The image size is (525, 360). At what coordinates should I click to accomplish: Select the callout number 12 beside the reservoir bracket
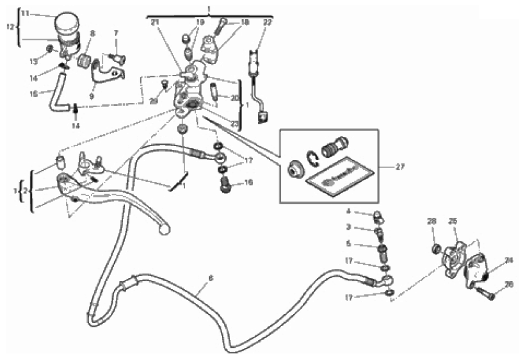[10, 26]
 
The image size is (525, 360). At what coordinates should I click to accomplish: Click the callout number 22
[267, 22]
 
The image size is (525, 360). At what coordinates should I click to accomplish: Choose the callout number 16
[249, 183]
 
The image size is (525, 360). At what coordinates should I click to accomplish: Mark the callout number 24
[509, 261]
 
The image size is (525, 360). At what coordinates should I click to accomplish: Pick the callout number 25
[453, 221]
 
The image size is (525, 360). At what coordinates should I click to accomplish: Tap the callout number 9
[92, 96]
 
